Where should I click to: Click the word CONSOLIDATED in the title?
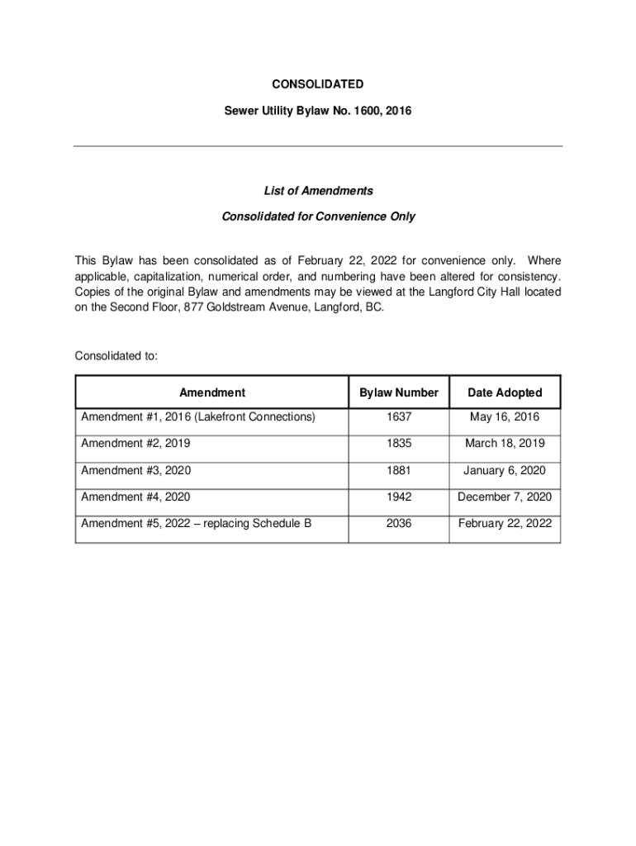[x=318, y=84]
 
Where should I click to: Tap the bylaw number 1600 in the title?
[x=368, y=111]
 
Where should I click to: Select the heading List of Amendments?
[x=318, y=191]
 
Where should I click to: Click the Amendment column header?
[x=211, y=393]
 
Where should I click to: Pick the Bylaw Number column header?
[x=398, y=393]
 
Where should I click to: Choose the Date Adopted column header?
[x=505, y=393]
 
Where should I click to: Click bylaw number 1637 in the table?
[x=398, y=418]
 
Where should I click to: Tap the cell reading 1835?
[x=398, y=444]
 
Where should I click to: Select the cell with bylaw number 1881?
[x=398, y=471]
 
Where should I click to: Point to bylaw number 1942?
[x=398, y=497]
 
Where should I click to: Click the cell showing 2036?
[x=398, y=524]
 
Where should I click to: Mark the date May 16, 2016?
[x=505, y=418]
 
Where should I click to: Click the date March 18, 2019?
[x=505, y=444]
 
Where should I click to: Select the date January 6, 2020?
[x=505, y=471]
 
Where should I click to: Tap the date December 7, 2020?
[x=505, y=497]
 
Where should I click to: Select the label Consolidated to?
[x=116, y=356]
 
